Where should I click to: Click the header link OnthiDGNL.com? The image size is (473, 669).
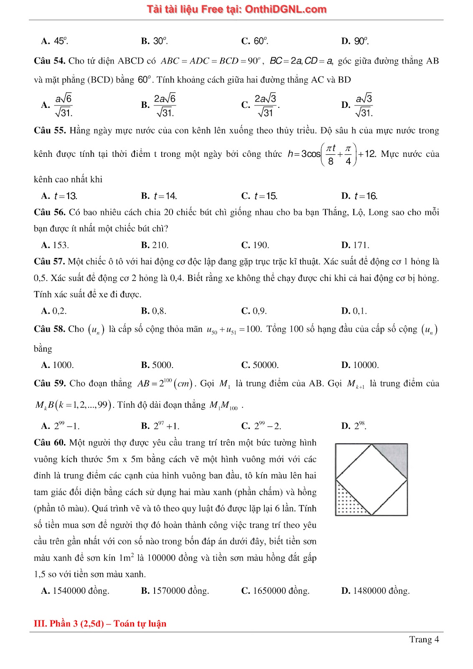[285, 9]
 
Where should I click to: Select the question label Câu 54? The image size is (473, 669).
[49, 61]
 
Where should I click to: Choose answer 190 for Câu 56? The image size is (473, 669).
[256, 245]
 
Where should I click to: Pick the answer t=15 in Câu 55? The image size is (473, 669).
[260, 196]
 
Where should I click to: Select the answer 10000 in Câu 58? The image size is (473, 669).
[360, 365]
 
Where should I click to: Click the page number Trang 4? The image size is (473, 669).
[424, 639]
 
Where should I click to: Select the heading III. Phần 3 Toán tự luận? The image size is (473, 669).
[100, 624]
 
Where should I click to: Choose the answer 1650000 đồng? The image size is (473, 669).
[276, 591]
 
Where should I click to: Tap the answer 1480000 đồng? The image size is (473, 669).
[376, 591]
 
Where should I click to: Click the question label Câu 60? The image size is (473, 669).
[49, 443]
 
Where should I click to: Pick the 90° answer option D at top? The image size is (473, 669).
[356, 41]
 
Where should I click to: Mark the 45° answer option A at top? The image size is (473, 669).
[55, 41]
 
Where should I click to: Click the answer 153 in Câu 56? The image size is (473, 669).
[56, 245]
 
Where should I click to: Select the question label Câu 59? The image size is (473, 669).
[49, 383]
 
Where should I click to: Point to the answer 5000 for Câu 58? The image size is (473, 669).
[158, 365]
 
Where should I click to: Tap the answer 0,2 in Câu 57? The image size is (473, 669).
[54, 311]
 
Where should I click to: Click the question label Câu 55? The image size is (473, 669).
[49, 130]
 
